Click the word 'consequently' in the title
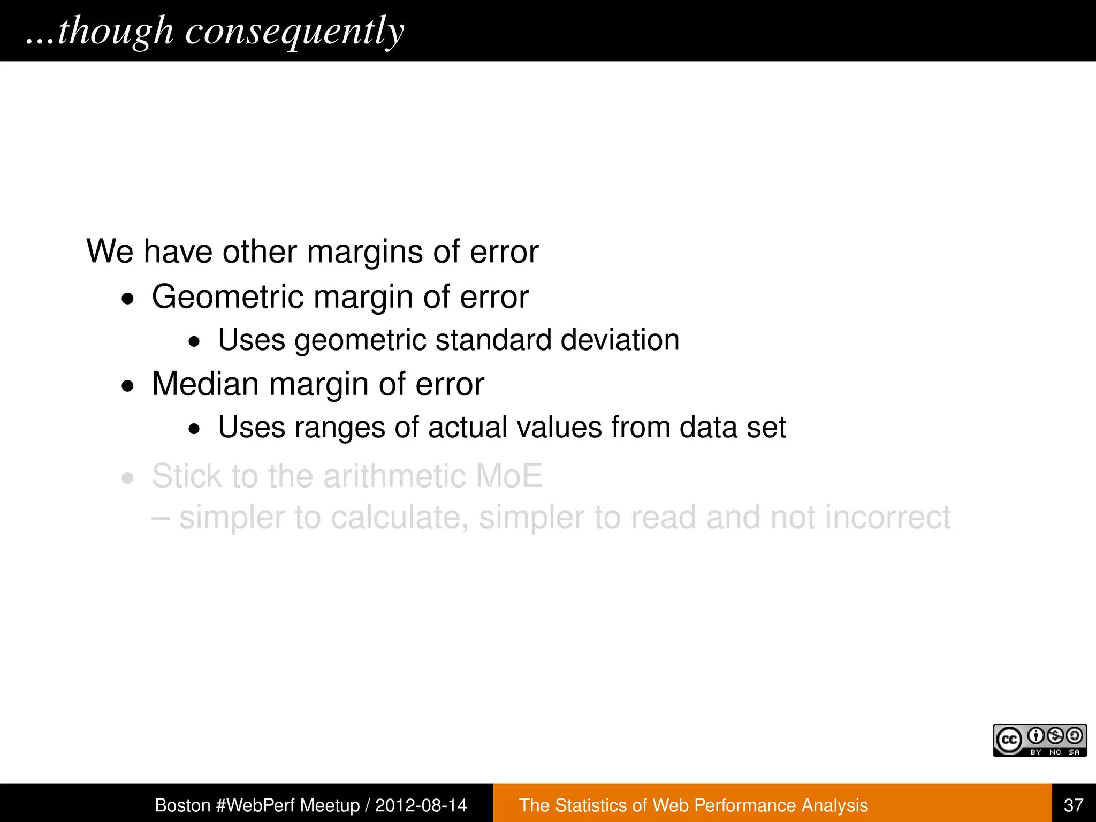(x=294, y=31)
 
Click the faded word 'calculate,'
(x=399, y=517)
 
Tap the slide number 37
(x=1074, y=805)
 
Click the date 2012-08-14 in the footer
(x=421, y=805)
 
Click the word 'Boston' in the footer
(x=182, y=805)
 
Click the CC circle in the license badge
(x=1009, y=740)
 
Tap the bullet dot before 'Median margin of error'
(x=127, y=385)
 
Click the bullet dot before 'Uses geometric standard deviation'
(x=194, y=341)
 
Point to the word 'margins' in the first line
(x=365, y=252)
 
